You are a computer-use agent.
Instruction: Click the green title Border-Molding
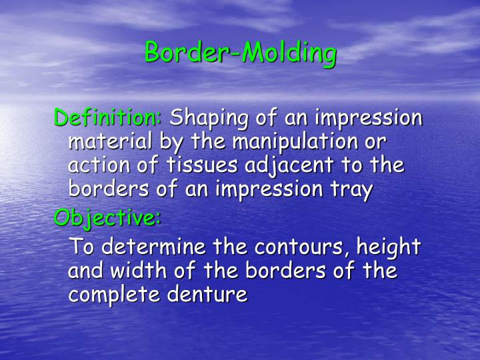pyautogui.click(x=241, y=53)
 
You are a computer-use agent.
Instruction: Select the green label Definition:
pyautogui.click(x=107, y=117)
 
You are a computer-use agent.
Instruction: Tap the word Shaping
pyautogui.click(x=209, y=119)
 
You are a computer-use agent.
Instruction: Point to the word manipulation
pyautogui.click(x=295, y=142)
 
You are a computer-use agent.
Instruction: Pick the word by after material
pyautogui.click(x=171, y=143)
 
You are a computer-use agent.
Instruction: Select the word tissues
pyautogui.click(x=202, y=165)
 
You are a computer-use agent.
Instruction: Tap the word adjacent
pyautogui.click(x=289, y=166)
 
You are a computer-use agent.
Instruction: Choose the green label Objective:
pyautogui.click(x=107, y=218)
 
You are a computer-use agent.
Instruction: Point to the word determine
pyautogui.click(x=153, y=247)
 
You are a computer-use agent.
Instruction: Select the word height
pyautogui.click(x=389, y=247)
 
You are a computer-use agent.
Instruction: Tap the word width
pyautogui.click(x=139, y=270)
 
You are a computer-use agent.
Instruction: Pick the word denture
pyautogui.click(x=207, y=294)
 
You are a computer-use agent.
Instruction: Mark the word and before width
pyautogui.click(x=85, y=270)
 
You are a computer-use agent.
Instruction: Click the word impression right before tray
pyautogui.click(x=269, y=190)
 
